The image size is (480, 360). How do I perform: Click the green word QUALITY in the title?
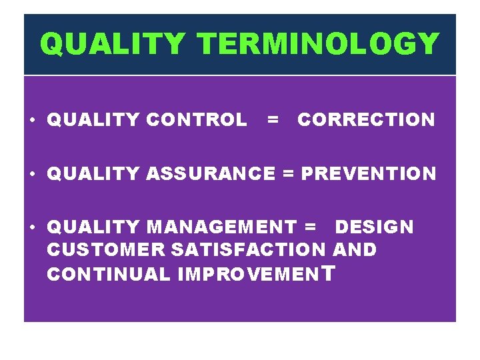[111, 45]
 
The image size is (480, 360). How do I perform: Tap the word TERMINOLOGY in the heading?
[319, 45]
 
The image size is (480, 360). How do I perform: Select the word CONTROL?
[196, 120]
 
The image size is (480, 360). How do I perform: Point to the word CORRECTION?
[366, 120]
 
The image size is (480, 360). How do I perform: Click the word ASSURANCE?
[210, 174]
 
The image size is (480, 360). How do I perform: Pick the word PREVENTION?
[369, 174]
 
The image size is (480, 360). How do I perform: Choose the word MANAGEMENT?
[221, 227]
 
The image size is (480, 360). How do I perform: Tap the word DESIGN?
[374, 227]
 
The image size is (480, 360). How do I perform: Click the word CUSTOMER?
[107, 250]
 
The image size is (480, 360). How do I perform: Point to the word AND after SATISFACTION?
[354, 250]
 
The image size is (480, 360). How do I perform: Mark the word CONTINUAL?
[109, 273]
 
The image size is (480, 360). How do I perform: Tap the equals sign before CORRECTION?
[272, 120]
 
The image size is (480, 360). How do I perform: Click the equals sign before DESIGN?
[309, 228]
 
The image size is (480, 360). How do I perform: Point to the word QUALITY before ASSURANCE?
[93, 174]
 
